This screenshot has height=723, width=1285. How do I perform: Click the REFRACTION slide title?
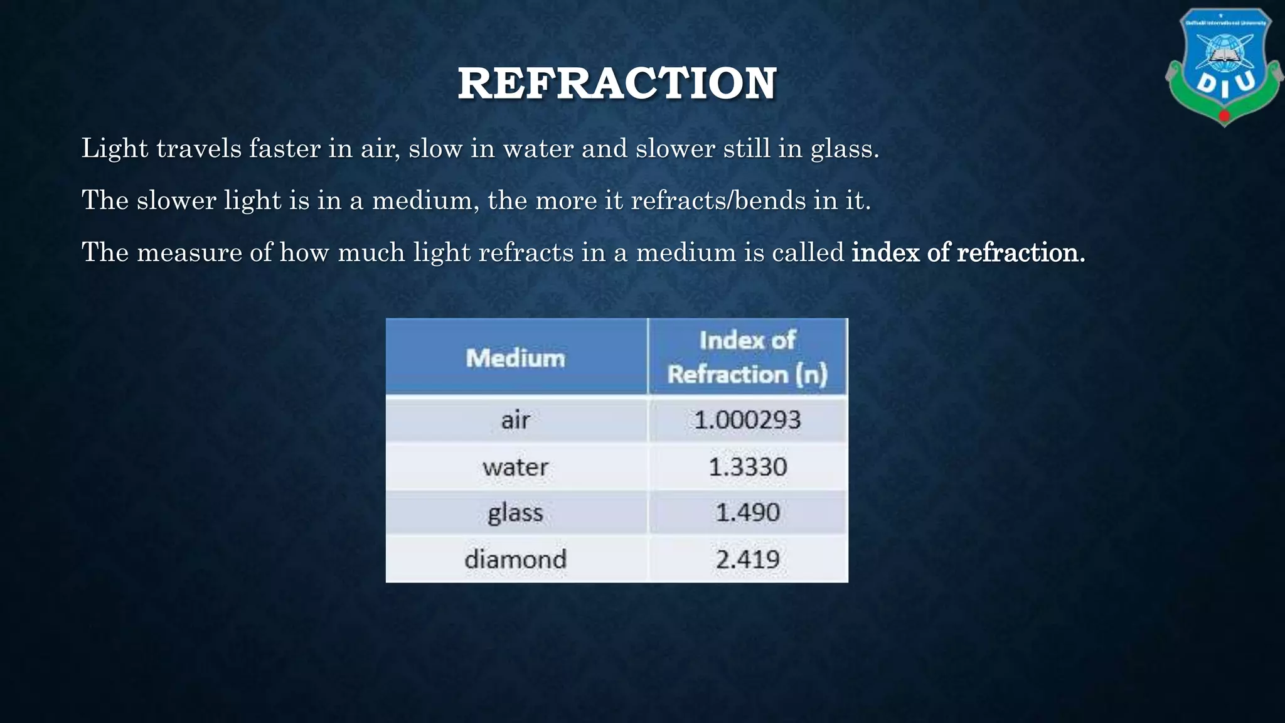[617, 83]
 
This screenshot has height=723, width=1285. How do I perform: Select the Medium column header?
[516, 358]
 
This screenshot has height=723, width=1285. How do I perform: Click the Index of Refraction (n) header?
[747, 357]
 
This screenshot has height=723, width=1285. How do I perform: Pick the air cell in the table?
[516, 420]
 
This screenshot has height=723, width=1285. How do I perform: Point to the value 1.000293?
[747, 420]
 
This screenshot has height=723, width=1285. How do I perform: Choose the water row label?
[516, 467]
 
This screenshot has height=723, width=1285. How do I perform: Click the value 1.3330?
[747, 467]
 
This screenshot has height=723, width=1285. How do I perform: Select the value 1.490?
[747, 513]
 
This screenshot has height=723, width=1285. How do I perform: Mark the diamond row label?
[516, 559]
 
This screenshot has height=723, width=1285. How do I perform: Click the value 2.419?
[747, 559]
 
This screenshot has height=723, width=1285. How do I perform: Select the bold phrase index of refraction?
[968, 252]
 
